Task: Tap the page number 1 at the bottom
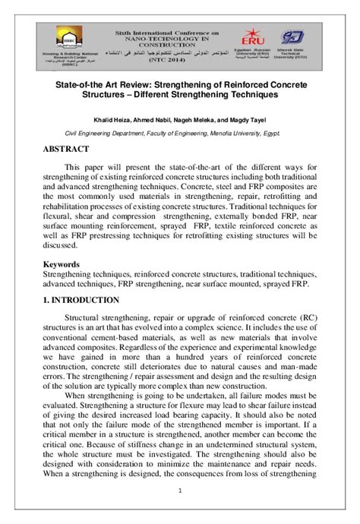click(179, 510)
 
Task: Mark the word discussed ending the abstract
click(64, 245)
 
